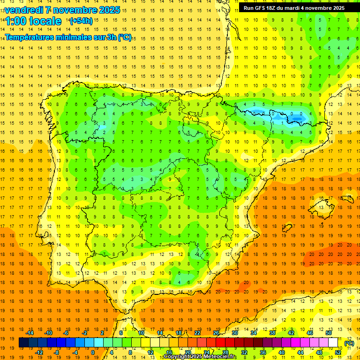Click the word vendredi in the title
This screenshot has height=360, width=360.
coord(23,10)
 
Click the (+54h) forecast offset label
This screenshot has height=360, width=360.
coord(81,21)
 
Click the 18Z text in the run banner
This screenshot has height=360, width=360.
coord(275,8)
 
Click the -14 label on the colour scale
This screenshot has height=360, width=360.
coord(30,333)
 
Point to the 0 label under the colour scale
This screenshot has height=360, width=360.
coord(92,352)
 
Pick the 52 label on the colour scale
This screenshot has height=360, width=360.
coord(338,352)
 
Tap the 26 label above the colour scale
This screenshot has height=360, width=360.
coord(216,333)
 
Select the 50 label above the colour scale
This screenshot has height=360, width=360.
coord(329,333)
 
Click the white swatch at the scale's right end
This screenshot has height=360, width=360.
coord(333,343)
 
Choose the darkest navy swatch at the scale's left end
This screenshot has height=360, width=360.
coord(23,343)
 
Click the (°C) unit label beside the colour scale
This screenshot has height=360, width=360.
coord(349,343)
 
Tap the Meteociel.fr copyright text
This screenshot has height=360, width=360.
coord(200,357)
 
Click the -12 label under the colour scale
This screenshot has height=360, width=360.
coord(39,352)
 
